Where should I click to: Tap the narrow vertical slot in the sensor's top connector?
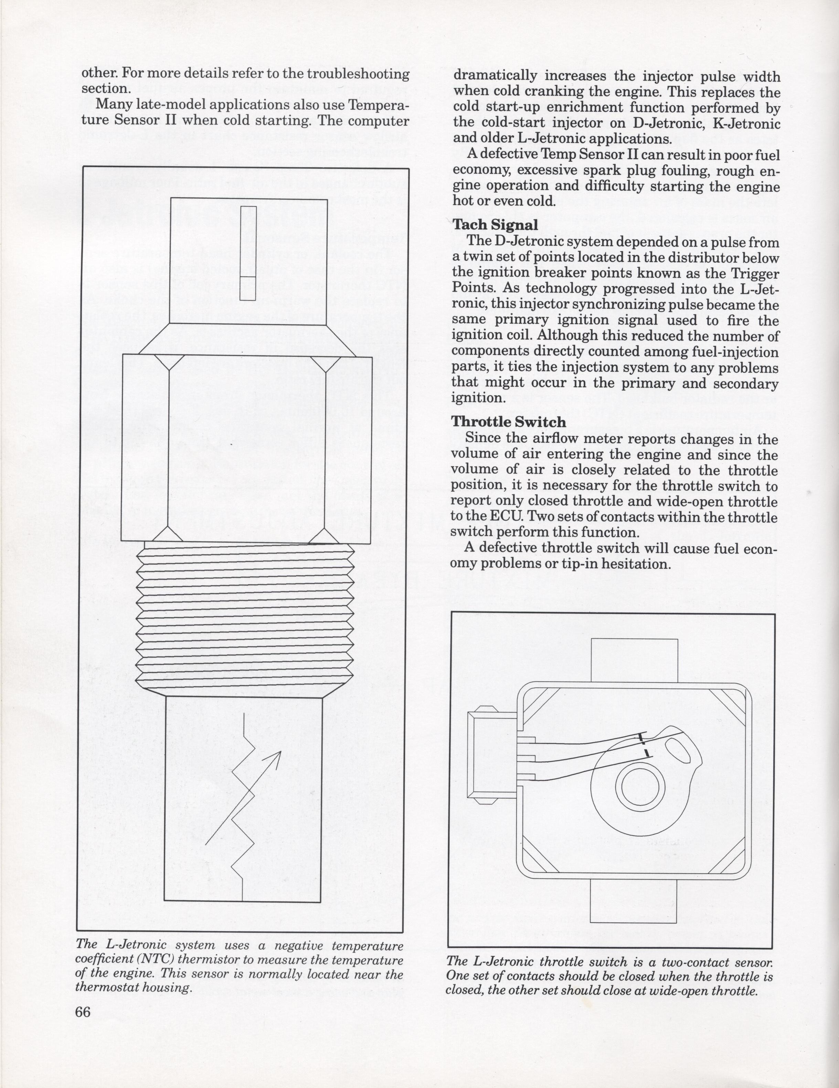coord(248,253)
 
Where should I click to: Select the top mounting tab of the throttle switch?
coord(634,660)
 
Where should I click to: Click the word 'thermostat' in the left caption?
coord(104,988)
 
